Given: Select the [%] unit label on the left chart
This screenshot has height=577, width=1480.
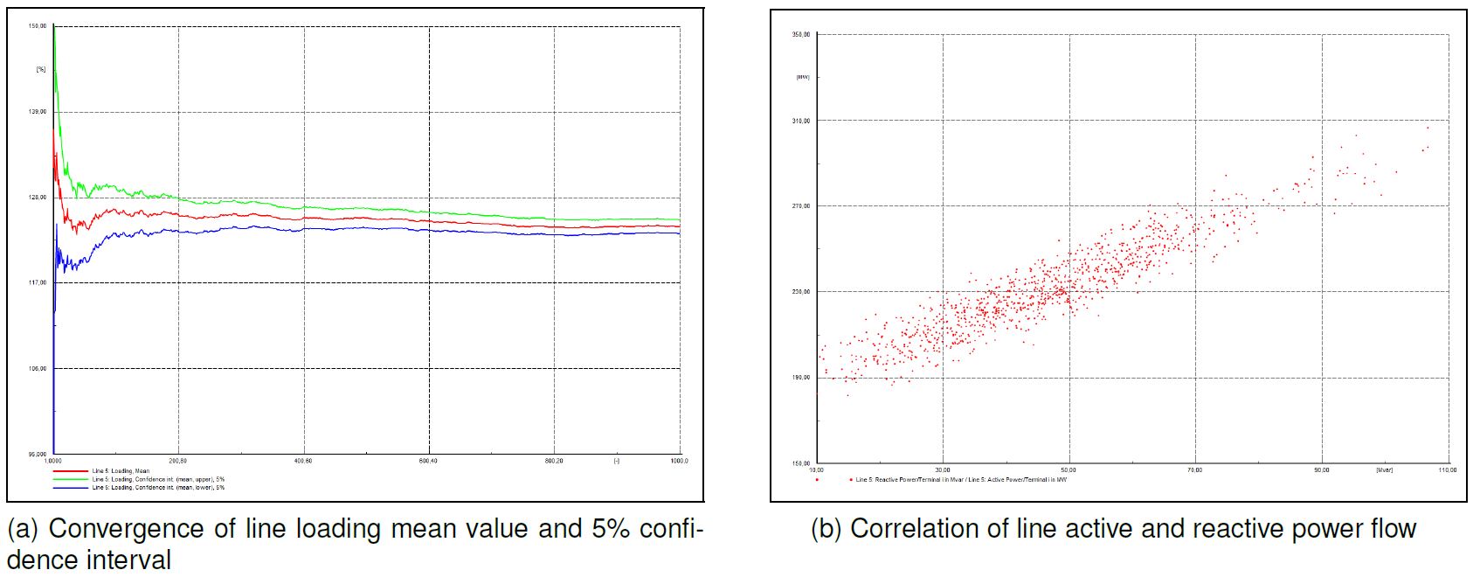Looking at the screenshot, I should coord(40,69).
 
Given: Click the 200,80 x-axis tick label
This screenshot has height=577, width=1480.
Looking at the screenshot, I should coord(178,461).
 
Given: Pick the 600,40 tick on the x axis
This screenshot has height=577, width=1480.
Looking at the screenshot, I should coord(428,461).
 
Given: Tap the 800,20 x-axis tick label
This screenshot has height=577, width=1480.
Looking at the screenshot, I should coord(554,461).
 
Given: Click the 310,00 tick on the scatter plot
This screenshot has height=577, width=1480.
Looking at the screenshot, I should coord(801,121).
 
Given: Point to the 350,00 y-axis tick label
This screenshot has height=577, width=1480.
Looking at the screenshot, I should coord(801,35).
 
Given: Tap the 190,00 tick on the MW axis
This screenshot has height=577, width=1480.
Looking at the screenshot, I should coord(801,378).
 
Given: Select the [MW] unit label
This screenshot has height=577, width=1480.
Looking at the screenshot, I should coord(802,77).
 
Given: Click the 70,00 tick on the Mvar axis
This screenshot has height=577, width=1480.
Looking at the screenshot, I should coord(1194,470).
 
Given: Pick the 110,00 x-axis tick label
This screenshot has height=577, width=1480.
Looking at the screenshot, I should coord(1448,470).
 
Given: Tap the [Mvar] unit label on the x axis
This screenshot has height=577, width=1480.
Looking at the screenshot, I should coord(1384,470).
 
